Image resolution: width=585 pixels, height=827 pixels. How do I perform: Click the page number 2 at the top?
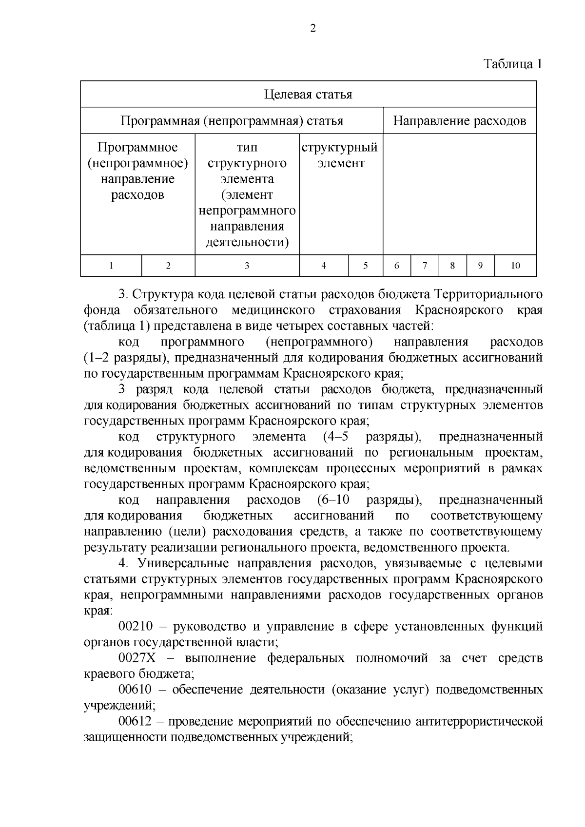click(312, 28)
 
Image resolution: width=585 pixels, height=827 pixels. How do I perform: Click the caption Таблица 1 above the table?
click(512, 64)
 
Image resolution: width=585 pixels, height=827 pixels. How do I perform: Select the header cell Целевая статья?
click(308, 94)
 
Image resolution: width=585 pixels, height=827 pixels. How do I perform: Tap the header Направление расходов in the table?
click(459, 120)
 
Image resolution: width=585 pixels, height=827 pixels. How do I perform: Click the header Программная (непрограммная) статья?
click(232, 120)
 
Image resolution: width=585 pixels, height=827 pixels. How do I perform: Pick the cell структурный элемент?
click(340, 155)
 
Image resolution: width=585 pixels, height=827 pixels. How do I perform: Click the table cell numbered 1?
click(111, 266)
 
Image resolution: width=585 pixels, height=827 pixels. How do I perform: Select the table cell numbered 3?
click(247, 266)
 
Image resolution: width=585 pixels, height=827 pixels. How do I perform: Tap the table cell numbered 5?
click(365, 266)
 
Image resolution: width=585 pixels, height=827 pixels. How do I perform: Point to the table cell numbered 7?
click(425, 266)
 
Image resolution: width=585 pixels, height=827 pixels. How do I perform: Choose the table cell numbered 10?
click(515, 266)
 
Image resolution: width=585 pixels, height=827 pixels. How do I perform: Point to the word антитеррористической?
click(479, 722)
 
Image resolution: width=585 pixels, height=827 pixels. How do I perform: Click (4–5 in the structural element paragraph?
click(335, 437)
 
